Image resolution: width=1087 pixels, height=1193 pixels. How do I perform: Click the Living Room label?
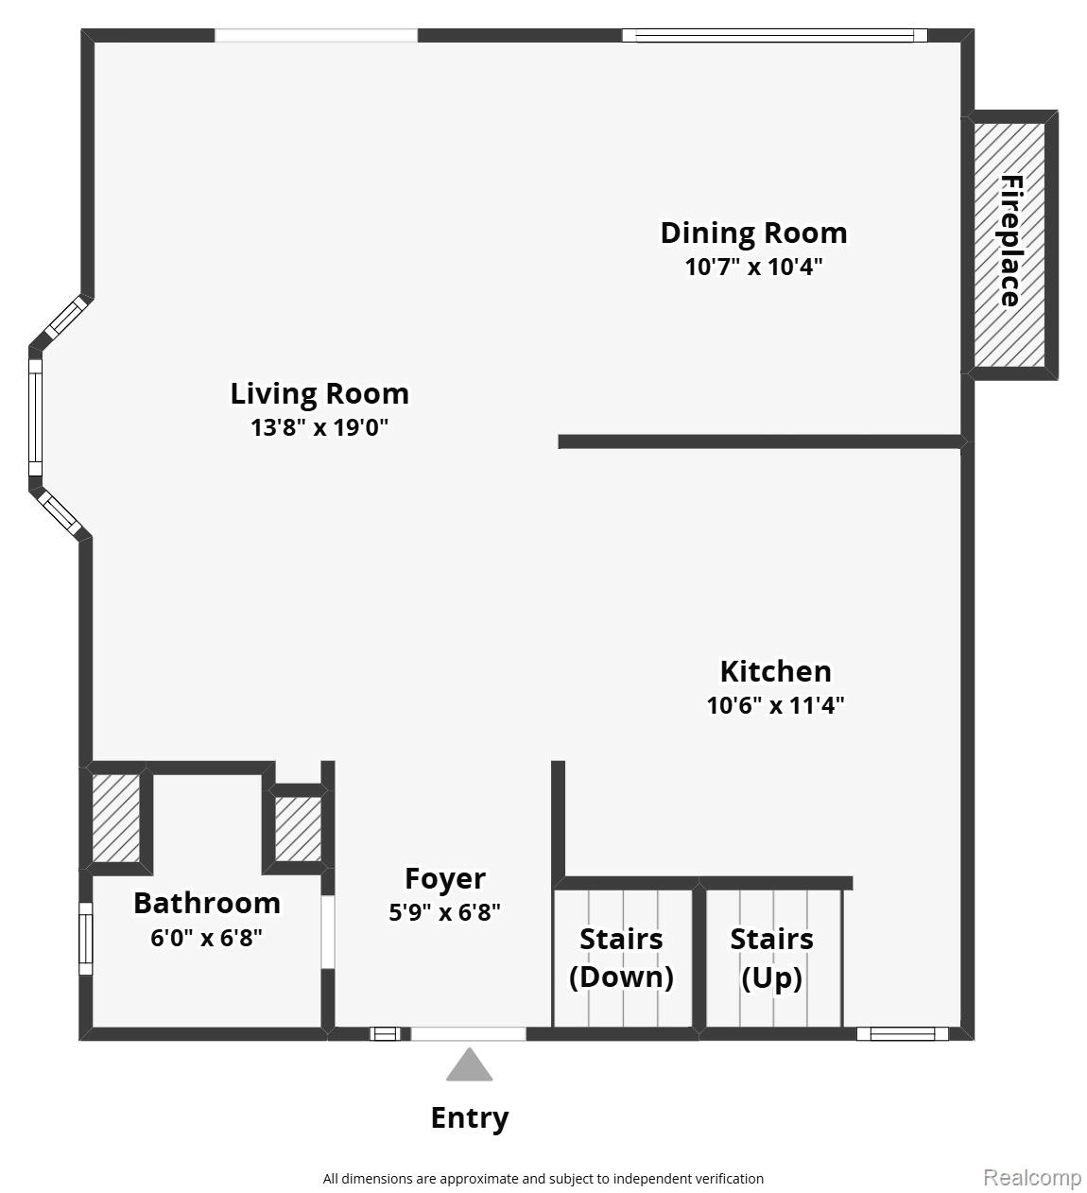[x=319, y=393]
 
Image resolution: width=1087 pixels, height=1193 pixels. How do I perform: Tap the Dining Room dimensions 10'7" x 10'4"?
[x=753, y=267]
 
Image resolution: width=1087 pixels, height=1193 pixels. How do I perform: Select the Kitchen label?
[x=775, y=671]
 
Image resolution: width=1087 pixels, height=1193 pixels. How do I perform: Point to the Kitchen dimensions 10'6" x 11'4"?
[x=775, y=705]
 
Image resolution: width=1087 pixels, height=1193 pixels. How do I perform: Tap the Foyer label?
[x=445, y=878]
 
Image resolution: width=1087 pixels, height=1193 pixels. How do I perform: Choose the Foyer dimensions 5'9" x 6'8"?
[x=445, y=911]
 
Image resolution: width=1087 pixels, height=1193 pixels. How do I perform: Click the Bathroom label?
[x=206, y=903]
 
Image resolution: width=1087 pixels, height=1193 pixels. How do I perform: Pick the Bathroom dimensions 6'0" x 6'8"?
[x=206, y=937]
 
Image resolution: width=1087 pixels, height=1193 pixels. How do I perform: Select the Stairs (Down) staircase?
[x=623, y=958]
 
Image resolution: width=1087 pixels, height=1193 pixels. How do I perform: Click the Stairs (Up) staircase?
[x=773, y=958]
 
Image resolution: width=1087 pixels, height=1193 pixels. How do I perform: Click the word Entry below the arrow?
[x=470, y=1118]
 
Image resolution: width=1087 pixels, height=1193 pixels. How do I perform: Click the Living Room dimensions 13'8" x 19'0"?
[x=319, y=427]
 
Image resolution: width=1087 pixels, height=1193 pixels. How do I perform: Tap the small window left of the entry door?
[x=386, y=1033]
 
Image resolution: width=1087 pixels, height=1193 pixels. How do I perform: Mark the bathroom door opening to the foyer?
[x=328, y=932]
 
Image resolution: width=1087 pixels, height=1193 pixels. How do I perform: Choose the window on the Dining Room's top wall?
[x=775, y=35]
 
